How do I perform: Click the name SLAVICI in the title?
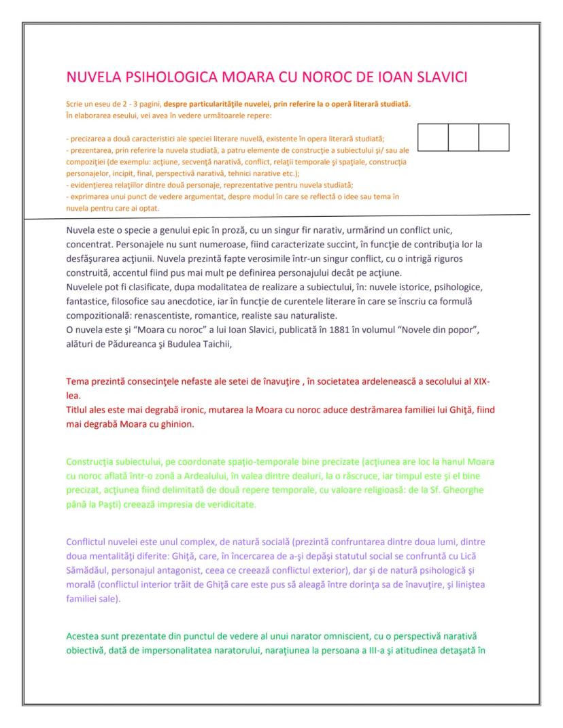coord(437,77)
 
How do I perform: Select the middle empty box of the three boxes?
coord(463,137)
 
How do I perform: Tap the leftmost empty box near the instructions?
coord(432,137)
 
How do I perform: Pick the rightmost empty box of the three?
coord(494,137)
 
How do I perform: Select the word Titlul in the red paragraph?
coord(79,412)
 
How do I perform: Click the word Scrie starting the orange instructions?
coord(74,105)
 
